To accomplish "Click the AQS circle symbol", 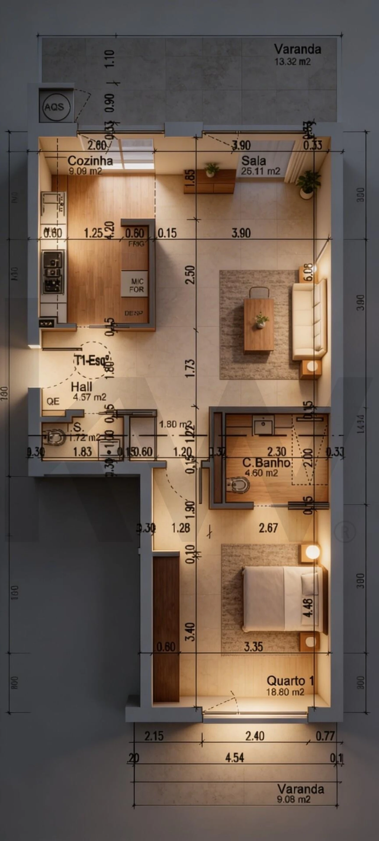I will tap(54, 107).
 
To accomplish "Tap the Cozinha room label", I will tap(90, 161).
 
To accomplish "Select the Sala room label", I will tap(254, 161).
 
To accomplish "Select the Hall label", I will tap(81, 387).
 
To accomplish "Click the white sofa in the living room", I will tap(309, 319).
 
